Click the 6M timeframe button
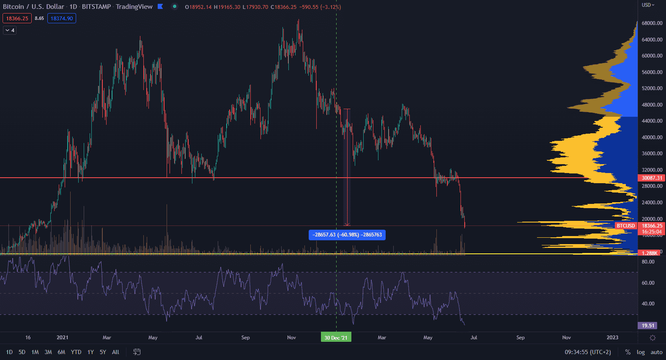pyautogui.click(x=61, y=352)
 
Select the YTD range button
pyautogui.click(x=76, y=352)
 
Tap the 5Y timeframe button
pyautogui.click(x=103, y=352)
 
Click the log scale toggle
pyautogui.click(x=641, y=352)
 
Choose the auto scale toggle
pyautogui.click(x=656, y=352)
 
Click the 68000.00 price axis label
pyautogui.click(x=652, y=23)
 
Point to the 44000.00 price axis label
pyautogui.click(x=652, y=121)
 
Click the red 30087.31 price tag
pyautogui.click(x=652, y=178)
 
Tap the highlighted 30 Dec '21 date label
pyautogui.click(x=336, y=338)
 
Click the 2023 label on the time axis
pyautogui.click(x=612, y=338)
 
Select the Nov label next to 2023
pyautogui.click(x=566, y=338)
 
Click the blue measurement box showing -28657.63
pyautogui.click(x=347, y=235)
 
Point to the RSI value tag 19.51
pyautogui.click(x=647, y=326)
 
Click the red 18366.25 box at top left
pyautogui.click(x=17, y=18)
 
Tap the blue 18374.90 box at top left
pyautogui.click(x=62, y=18)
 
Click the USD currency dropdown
pyautogui.click(x=648, y=5)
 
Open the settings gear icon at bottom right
pyautogui.click(x=652, y=338)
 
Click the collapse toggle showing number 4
pyautogui.click(x=10, y=30)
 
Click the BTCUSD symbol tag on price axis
pyautogui.click(x=626, y=226)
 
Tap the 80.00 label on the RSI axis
pyautogui.click(x=648, y=262)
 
